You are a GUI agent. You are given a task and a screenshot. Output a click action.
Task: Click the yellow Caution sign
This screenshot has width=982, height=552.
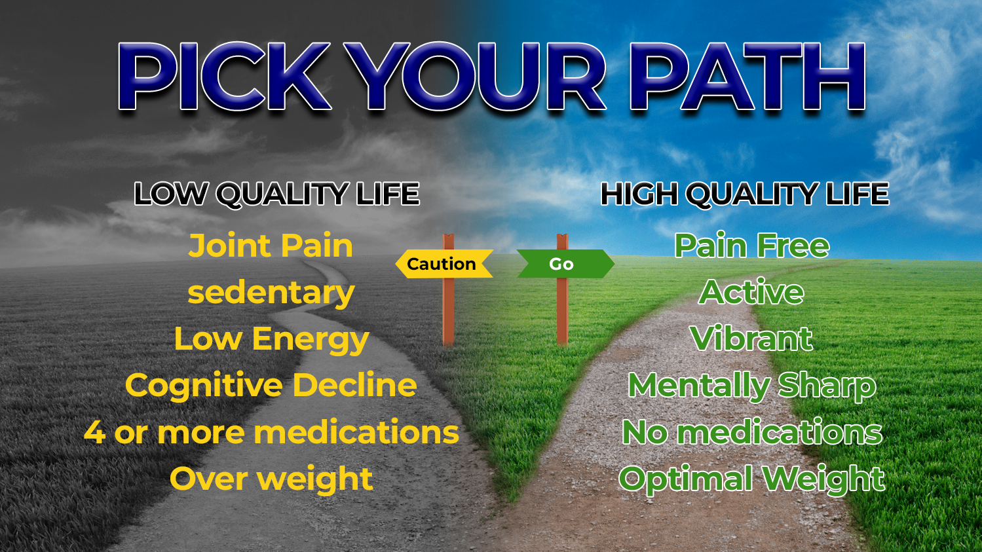coord(444,264)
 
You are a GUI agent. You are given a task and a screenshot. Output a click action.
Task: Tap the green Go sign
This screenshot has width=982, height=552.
coord(565,264)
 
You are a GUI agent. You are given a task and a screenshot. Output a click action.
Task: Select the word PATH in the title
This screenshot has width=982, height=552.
coord(747,76)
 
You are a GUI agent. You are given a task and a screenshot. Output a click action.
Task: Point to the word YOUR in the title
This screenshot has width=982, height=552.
coord(475,76)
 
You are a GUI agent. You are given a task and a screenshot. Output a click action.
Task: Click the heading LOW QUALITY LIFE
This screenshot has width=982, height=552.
coord(276,194)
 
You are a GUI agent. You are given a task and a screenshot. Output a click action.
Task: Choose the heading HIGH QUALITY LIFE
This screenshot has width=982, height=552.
coord(745,194)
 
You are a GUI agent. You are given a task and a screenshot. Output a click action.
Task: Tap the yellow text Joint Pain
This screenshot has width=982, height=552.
coord(271,246)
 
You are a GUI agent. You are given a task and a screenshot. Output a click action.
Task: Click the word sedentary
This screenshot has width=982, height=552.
coord(271,293)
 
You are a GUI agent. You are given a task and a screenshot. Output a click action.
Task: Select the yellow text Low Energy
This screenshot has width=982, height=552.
coord(271,340)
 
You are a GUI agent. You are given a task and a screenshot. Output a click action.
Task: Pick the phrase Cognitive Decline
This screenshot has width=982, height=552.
coord(271,385)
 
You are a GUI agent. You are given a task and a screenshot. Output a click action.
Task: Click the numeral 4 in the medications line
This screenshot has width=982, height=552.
coord(94,432)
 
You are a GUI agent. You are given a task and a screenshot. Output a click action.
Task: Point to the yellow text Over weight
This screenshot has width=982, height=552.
coord(271,479)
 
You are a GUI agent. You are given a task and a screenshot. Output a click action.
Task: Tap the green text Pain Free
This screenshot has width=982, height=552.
coord(752,246)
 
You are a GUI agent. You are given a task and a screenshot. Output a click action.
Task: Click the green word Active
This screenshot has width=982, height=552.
coord(751,292)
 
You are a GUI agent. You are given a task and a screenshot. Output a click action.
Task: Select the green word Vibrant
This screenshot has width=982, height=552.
coord(751,339)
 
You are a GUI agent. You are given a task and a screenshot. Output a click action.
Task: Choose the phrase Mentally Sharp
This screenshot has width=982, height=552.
coord(752,386)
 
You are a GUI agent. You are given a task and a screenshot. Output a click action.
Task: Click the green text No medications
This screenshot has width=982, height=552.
coord(752,432)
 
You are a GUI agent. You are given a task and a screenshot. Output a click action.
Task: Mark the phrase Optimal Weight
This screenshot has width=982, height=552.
coord(752,479)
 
